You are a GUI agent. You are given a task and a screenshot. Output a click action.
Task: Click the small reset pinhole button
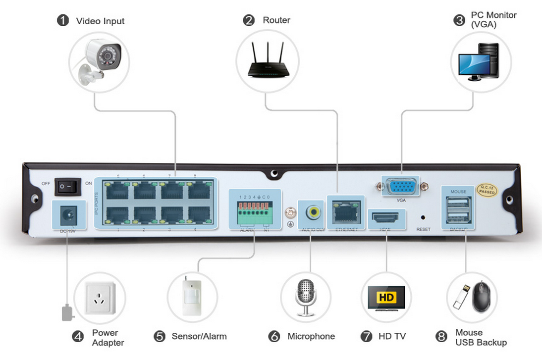coord(423,216)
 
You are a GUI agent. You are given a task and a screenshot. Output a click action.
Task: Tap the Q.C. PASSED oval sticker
coord(487,190)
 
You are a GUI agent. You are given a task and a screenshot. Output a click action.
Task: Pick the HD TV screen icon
coord(386,298)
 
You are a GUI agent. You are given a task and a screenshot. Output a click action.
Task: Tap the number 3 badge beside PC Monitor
coord(459,20)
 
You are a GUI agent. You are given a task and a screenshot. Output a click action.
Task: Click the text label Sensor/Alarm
coord(199,336)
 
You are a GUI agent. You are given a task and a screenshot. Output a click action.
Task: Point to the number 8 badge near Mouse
coord(441,337)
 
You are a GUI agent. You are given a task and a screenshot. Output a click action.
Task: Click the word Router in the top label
coord(276,20)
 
